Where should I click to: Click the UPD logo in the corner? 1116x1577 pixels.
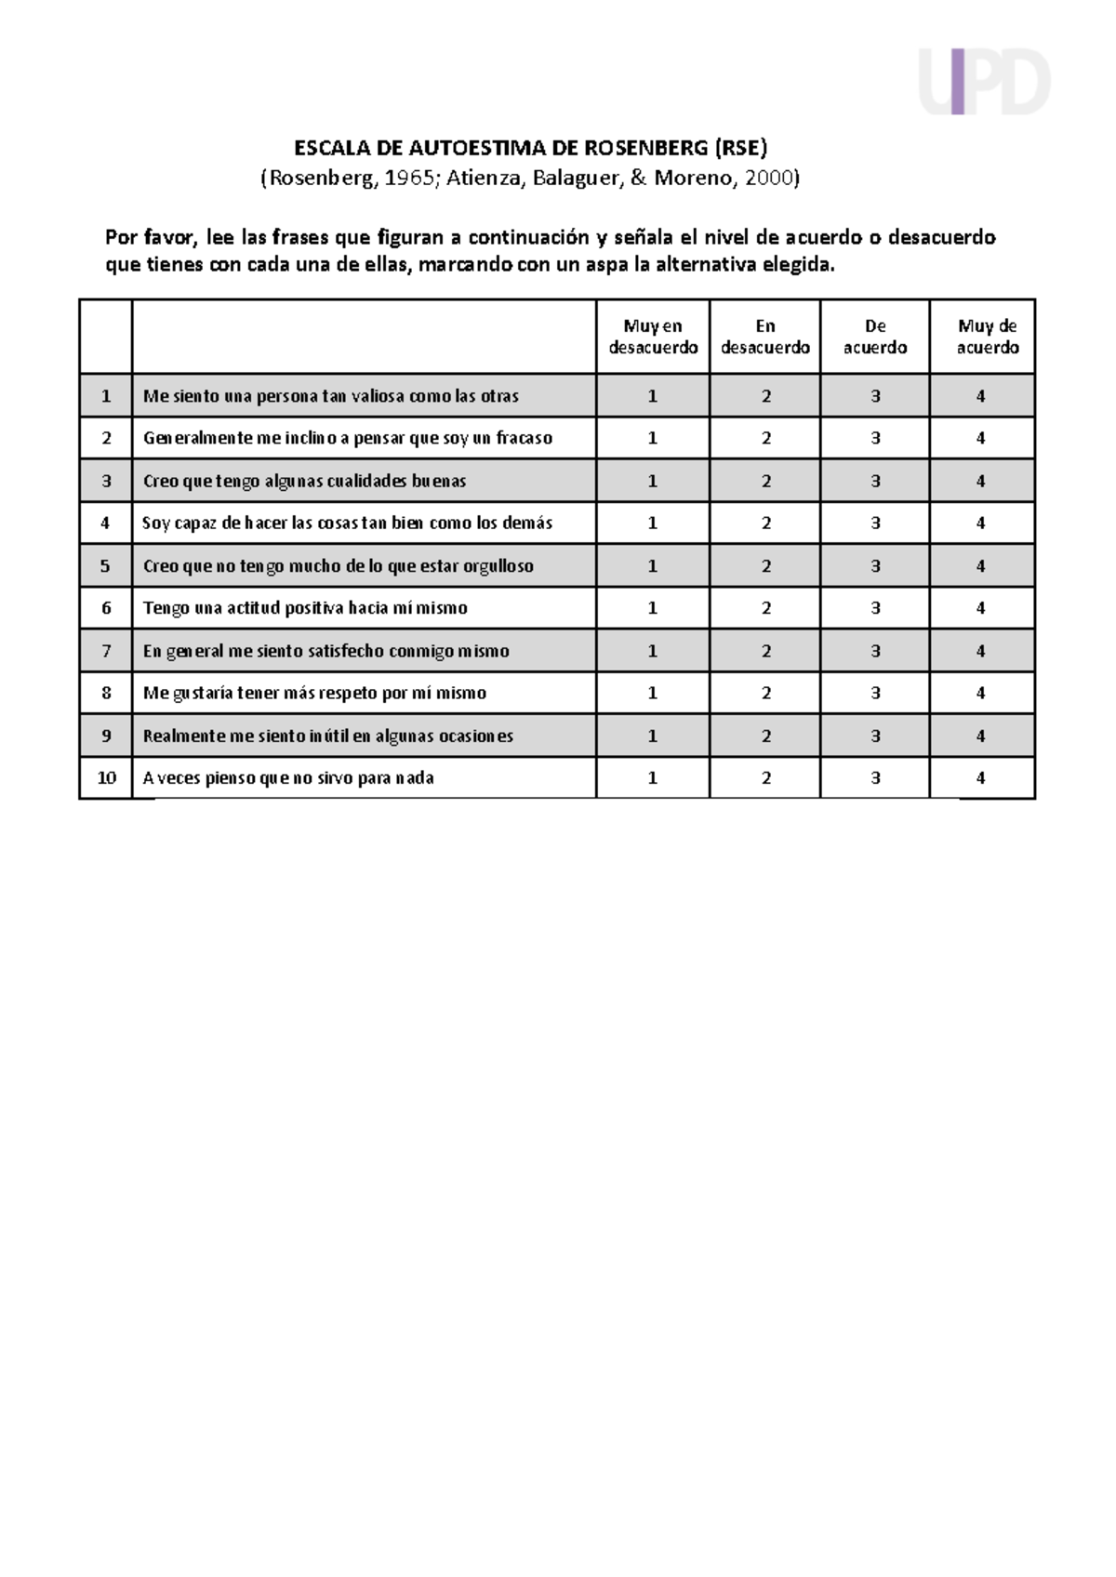pyautogui.click(x=984, y=82)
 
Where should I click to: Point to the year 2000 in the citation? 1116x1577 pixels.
pyautogui.click(x=768, y=178)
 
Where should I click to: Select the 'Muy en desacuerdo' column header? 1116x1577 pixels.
pyautogui.click(x=653, y=337)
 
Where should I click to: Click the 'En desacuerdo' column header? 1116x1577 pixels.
pyautogui.click(x=765, y=337)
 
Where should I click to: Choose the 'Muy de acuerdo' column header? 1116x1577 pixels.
pyautogui.click(x=987, y=337)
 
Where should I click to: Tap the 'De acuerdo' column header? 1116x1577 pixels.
pyautogui.click(x=875, y=337)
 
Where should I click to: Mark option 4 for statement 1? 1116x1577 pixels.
pyautogui.click(x=981, y=396)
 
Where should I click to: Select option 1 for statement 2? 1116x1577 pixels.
pyautogui.click(x=653, y=438)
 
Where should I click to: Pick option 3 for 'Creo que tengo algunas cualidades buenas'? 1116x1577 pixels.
pyautogui.click(x=875, y=481)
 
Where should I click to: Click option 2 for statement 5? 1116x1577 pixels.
pyautogui.click(x=766, y=565)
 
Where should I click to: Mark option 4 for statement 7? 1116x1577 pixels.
pyautogui.click(x=981, y=651)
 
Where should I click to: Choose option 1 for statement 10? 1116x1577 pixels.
pyautogui.click(x=653, y=778)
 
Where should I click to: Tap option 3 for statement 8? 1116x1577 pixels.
pyautogui.click(x=875, y=693)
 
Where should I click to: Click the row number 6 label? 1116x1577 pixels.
pyautogui.click(x=106, y=608)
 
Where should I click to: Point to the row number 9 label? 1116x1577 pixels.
pyautogui.click(x=106, y=735)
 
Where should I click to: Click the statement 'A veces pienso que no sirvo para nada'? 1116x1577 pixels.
pyautogui.click(x=288, y=778)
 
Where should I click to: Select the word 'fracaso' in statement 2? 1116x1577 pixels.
pyautogui.click(x=525, y=438)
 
